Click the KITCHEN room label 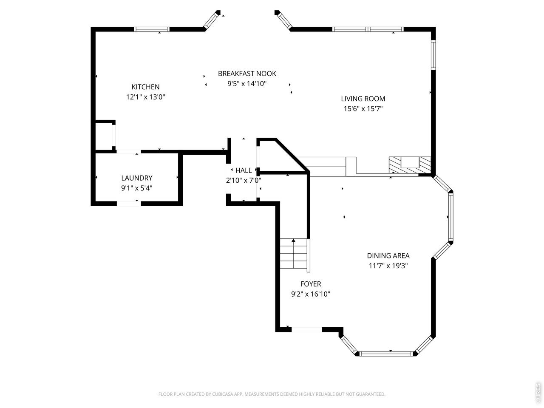145,87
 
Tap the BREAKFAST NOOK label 247,74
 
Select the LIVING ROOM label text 363,99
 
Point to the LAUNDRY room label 137,178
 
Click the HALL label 244,170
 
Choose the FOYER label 311,284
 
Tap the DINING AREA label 388,256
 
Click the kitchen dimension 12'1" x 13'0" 145,97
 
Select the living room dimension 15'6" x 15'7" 363,109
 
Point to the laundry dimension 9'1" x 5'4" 137,188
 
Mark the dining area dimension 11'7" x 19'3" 388,266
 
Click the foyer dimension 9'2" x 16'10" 311,294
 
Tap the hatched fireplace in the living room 410,165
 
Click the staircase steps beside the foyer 294,253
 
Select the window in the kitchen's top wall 152,29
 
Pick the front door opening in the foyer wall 306,329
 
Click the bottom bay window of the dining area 386,354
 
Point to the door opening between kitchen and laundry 129,151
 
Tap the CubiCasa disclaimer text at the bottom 272,394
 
